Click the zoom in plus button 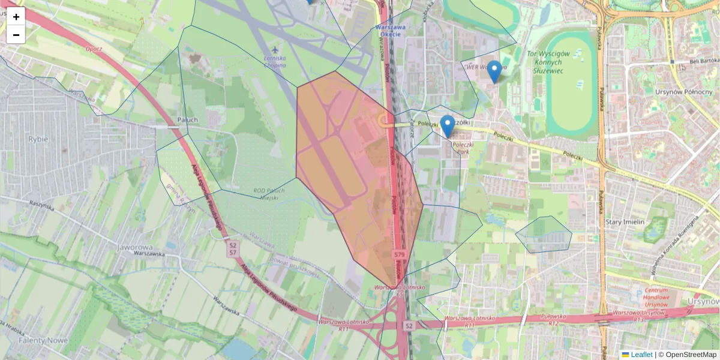(x=16, y=17)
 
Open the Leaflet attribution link (x=641, y=355)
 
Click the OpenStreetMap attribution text (x=691, y=355)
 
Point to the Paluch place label (x=188, y=119)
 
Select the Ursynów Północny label (x=685, y=92)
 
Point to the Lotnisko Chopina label (x=275, y=61)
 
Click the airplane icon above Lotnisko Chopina (x=275, y=48)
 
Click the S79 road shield (x=400, y=255)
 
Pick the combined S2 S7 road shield (x=232, y=249)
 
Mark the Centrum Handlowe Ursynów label (x=653, y=296)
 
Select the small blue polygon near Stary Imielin (x=544, y=234)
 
